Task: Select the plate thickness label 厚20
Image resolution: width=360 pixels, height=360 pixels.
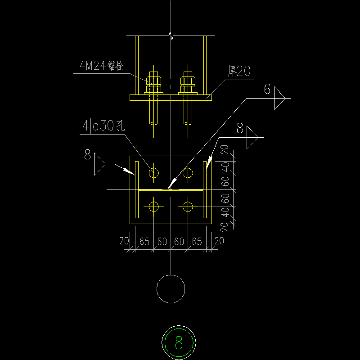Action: coord(239,71)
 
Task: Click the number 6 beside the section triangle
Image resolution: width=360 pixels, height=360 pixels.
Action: coord(267,90)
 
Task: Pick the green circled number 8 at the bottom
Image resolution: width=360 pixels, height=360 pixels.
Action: coord(179,343)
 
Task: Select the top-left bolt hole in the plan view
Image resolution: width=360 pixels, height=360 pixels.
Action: coord(154,173)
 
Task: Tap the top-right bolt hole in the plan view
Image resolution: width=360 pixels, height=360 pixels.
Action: coord(188,173)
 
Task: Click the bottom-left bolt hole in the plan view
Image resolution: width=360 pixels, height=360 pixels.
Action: coord(154,207)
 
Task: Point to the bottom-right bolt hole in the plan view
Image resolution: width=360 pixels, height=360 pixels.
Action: coord(188,207)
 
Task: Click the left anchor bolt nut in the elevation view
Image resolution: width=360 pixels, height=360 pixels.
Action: coord(153,81)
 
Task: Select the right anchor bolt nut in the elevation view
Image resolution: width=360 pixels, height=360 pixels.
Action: coord(188,81)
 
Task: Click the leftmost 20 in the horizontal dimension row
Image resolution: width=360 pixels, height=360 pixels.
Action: coord(125,241)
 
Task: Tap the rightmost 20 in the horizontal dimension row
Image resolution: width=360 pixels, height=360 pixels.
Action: coord(219,241)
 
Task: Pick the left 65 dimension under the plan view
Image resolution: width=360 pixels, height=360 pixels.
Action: coord(144,242)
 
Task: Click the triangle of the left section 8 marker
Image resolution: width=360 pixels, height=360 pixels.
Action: coord(99,165)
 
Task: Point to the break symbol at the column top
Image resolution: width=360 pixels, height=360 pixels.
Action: coord(171,35)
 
